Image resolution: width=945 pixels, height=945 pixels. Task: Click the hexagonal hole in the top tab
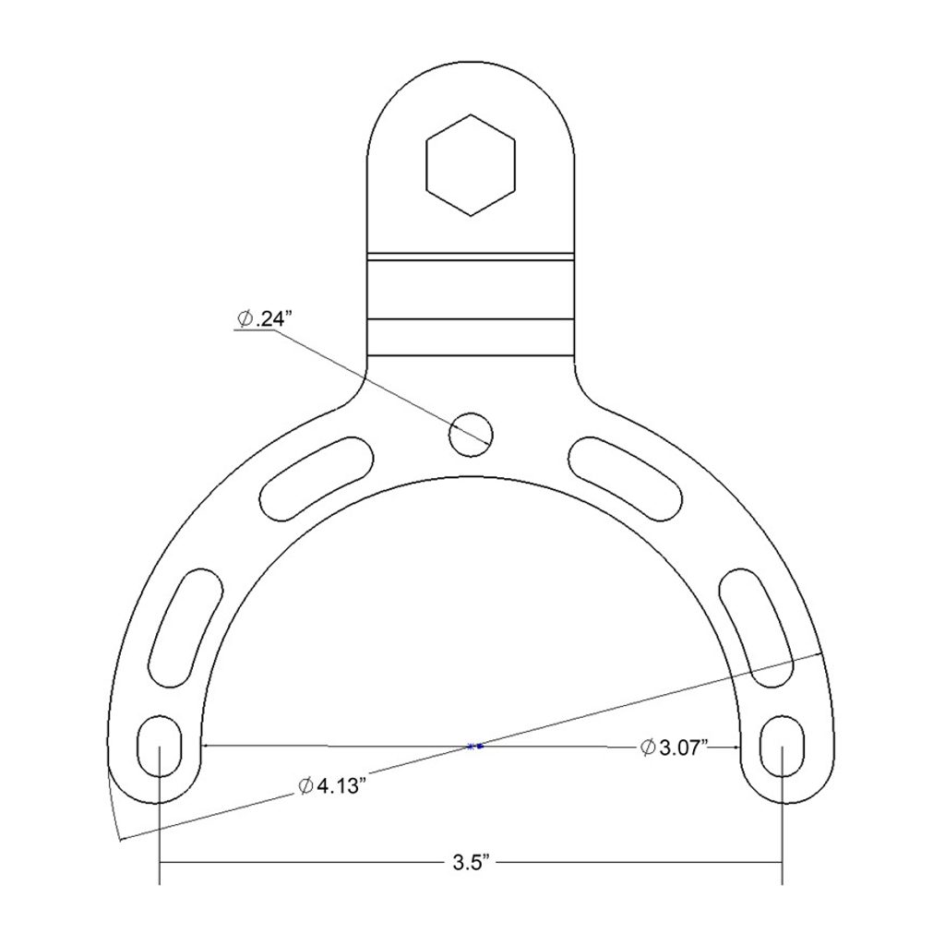[471, 164]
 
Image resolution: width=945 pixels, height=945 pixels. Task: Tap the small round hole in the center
[471, 435]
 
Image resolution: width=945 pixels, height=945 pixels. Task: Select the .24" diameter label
[263, 318]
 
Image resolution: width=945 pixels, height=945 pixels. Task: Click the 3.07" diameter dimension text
[673, 748]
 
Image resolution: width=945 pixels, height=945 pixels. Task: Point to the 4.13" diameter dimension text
[332, 786]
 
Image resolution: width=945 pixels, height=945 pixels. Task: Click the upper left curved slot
[317, 479]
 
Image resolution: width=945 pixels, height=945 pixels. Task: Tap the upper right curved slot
[626, 479]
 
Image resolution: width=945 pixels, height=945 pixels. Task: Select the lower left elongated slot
[185, 628]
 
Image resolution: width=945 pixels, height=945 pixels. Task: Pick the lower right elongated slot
[757, 628]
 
